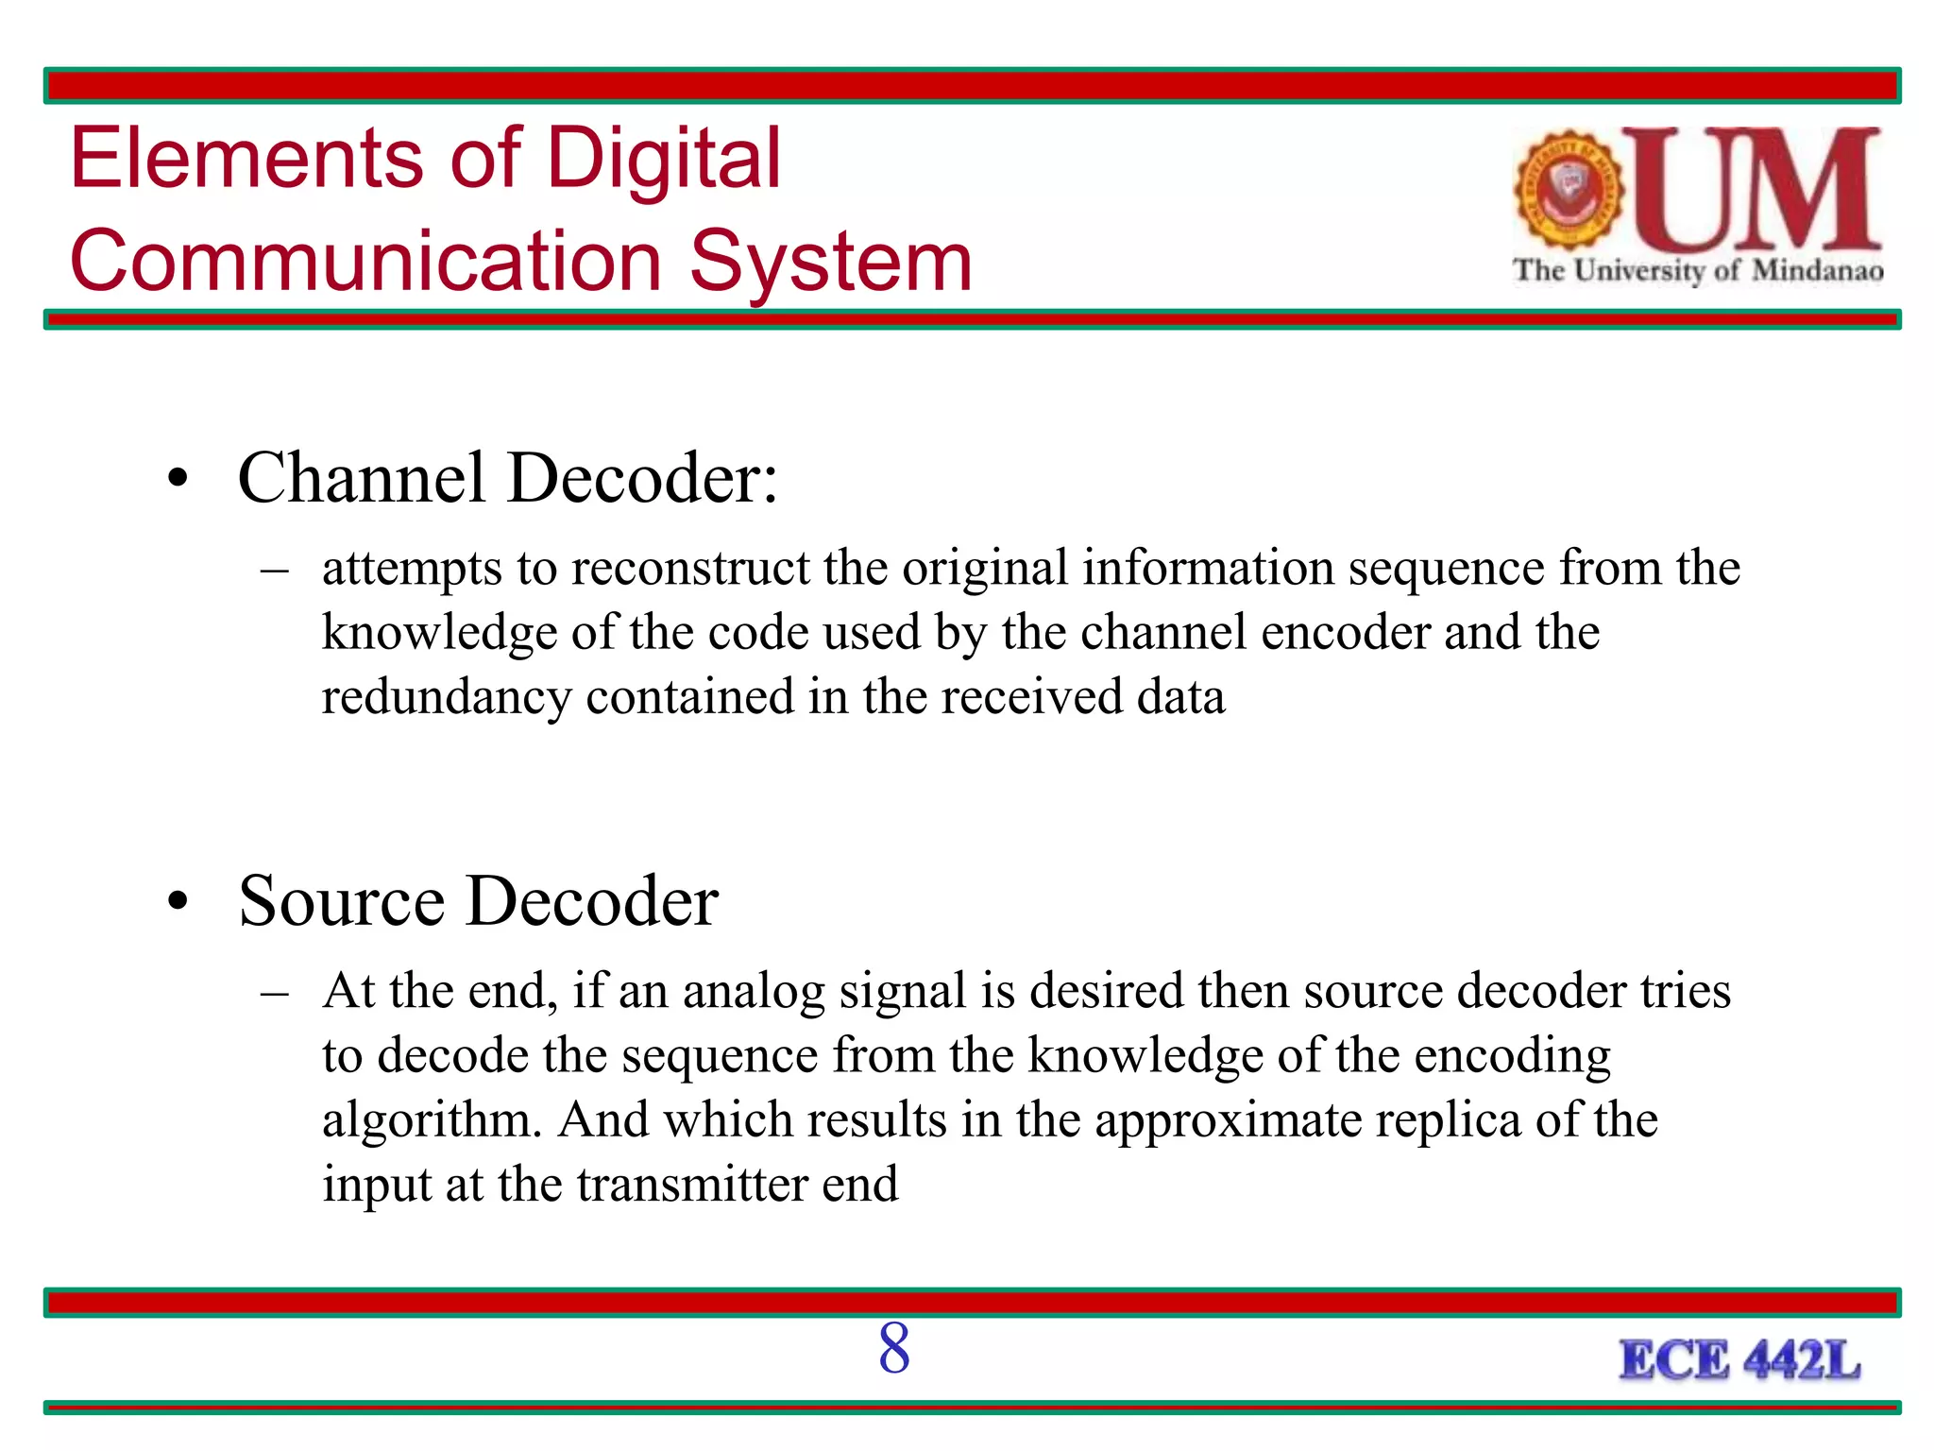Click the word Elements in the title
tap(247, 158)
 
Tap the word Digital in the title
tap(664, 158)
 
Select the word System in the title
tap(831, 262)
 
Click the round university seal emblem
tap(1569, 189)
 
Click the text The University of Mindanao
tap(1698, 271)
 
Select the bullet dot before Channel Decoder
tap(178, 478)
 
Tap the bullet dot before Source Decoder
tap(178, 901)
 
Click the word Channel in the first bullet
tap(362, 478)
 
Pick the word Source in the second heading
tap(341, 901)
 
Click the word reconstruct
tap(690, 569)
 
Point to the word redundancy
tap(447, 697)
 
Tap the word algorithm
tap(432, 1120)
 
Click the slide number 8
tap(893, 1348)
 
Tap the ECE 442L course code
tap(1739, 1361)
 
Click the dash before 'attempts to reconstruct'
tap(275, 571)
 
